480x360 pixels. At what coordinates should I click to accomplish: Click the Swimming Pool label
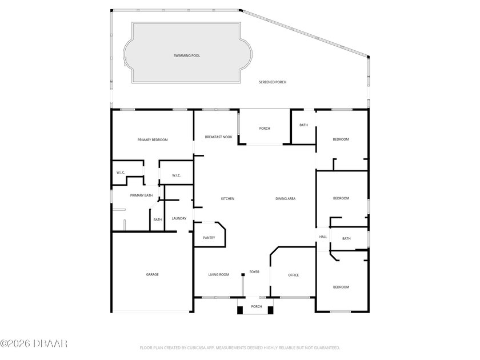tap(187, 56)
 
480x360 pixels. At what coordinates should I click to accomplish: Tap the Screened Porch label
tap(273, 82)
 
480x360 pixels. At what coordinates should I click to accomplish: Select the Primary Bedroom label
tap(153, 140)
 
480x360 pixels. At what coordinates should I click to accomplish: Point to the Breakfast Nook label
tap(218, 137)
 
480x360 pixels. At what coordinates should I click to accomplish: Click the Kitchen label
tap(228, 199)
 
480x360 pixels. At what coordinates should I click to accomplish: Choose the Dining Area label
tap(285, 199)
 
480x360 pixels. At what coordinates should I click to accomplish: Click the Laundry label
tap(179, 218)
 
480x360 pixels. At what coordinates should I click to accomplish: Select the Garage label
tap(152, 275)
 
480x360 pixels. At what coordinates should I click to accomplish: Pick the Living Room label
tap(218, 275)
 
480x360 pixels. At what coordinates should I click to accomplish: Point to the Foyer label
tap(254, 272)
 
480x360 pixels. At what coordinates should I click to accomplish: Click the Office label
tap(293, 275)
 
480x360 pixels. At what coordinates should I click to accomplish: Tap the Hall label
tap(323, 237)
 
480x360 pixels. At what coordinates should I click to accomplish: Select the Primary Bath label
tap(141, 195)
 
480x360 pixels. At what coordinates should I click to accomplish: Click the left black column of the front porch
tap(240, 310)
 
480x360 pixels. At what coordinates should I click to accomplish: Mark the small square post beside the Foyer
tap(243, 275)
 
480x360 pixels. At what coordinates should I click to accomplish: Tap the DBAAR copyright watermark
tap(34, 343)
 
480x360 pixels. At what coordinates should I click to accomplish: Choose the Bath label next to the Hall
tap(346, 239)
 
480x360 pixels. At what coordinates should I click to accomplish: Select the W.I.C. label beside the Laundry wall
tap(177, 175)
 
